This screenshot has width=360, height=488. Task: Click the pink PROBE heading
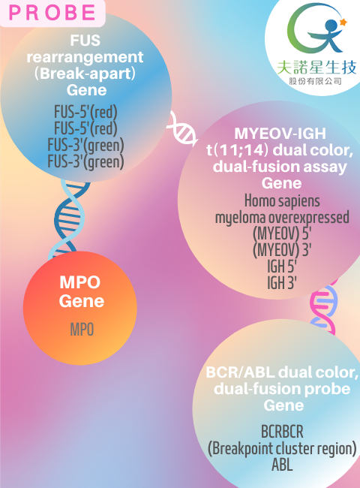coord(52,13)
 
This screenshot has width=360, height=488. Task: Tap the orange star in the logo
coord(343,22)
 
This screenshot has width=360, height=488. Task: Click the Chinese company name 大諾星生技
coord(316,68)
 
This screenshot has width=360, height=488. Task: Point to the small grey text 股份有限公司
coord(315,81)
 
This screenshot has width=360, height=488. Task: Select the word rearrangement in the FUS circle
coord(85,57)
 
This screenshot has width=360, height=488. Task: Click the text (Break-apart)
coord(85,74)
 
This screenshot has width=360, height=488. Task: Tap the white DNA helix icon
coord(183,128)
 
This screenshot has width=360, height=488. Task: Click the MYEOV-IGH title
coord(280,134)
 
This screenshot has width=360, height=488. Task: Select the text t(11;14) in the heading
coord(237,150)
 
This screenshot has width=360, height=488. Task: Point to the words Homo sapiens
coord(282,200)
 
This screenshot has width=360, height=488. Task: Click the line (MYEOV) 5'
coord(282,233)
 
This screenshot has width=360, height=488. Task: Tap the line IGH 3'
coord(282,283)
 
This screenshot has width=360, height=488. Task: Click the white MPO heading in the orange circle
coord(80,282)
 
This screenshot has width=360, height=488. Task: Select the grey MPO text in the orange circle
coord(82,330)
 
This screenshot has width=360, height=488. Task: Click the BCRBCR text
coord(282,432)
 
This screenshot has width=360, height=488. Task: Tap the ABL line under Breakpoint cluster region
coord(282,465)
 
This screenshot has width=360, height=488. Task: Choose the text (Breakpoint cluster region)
coord(282,448)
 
